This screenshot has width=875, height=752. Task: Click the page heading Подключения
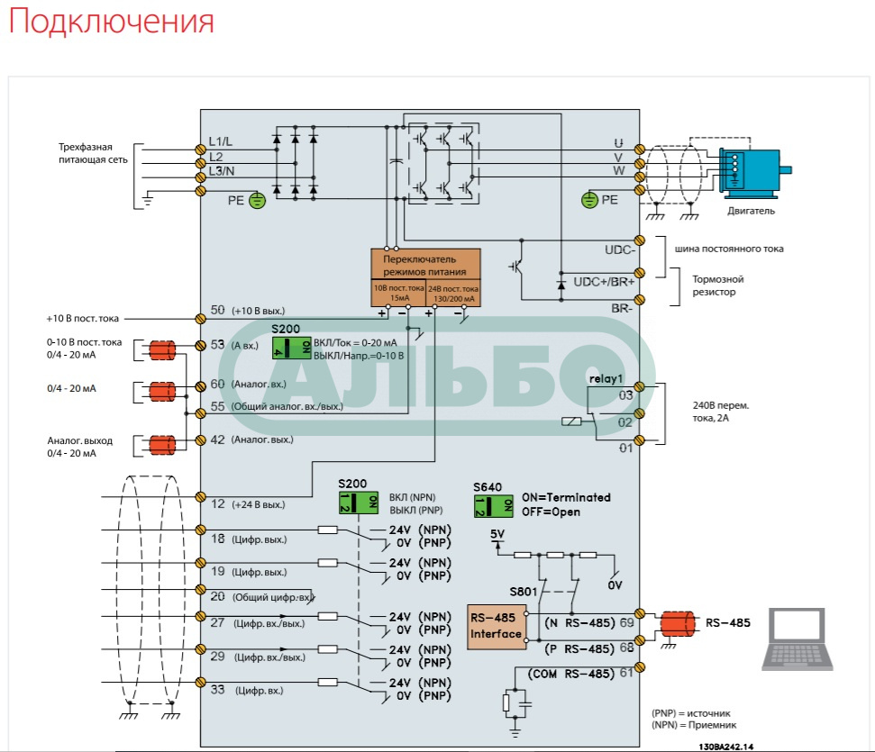tap(112, 22)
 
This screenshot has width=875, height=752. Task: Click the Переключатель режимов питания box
tap(425, 264)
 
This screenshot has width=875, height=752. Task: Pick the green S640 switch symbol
tap(494, 505)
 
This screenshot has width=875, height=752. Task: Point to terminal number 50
tap(217, 311)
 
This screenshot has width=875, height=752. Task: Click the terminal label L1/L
tap(221, 141)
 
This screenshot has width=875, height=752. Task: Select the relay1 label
tap(606, 378)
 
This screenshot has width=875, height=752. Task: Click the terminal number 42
tap(217, 439)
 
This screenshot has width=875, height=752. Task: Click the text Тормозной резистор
tap(717, 285)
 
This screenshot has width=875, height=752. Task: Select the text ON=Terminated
tap(566, 497)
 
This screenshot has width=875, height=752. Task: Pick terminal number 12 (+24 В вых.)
tap(217, 503)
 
